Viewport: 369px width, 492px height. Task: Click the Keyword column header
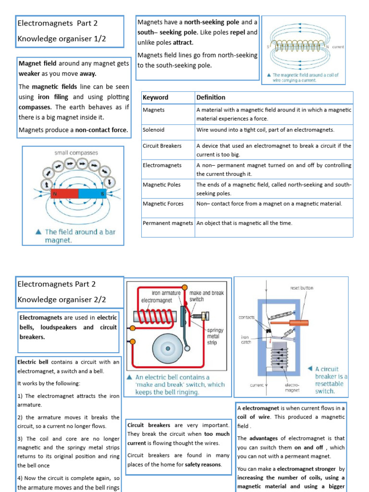[156, 98]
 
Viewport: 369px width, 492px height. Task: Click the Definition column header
[211, 98]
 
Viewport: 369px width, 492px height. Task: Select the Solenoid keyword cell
[154, 130]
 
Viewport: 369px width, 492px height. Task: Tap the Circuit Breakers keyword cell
[162, 146]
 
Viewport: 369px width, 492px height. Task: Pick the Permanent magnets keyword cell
[168, 223]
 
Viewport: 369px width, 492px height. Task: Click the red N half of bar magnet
[64, 193]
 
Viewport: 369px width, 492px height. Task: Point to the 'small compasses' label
[76, 153]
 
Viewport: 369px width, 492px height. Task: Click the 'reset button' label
[301, 288]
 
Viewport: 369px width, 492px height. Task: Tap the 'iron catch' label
[246, 340]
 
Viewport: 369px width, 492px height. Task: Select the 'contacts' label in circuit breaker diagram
[246, 318]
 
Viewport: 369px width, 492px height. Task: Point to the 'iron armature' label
[166, 293]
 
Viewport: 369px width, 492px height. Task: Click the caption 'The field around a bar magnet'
[80, 235]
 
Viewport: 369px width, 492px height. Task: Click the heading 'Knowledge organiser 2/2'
[61, 299]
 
